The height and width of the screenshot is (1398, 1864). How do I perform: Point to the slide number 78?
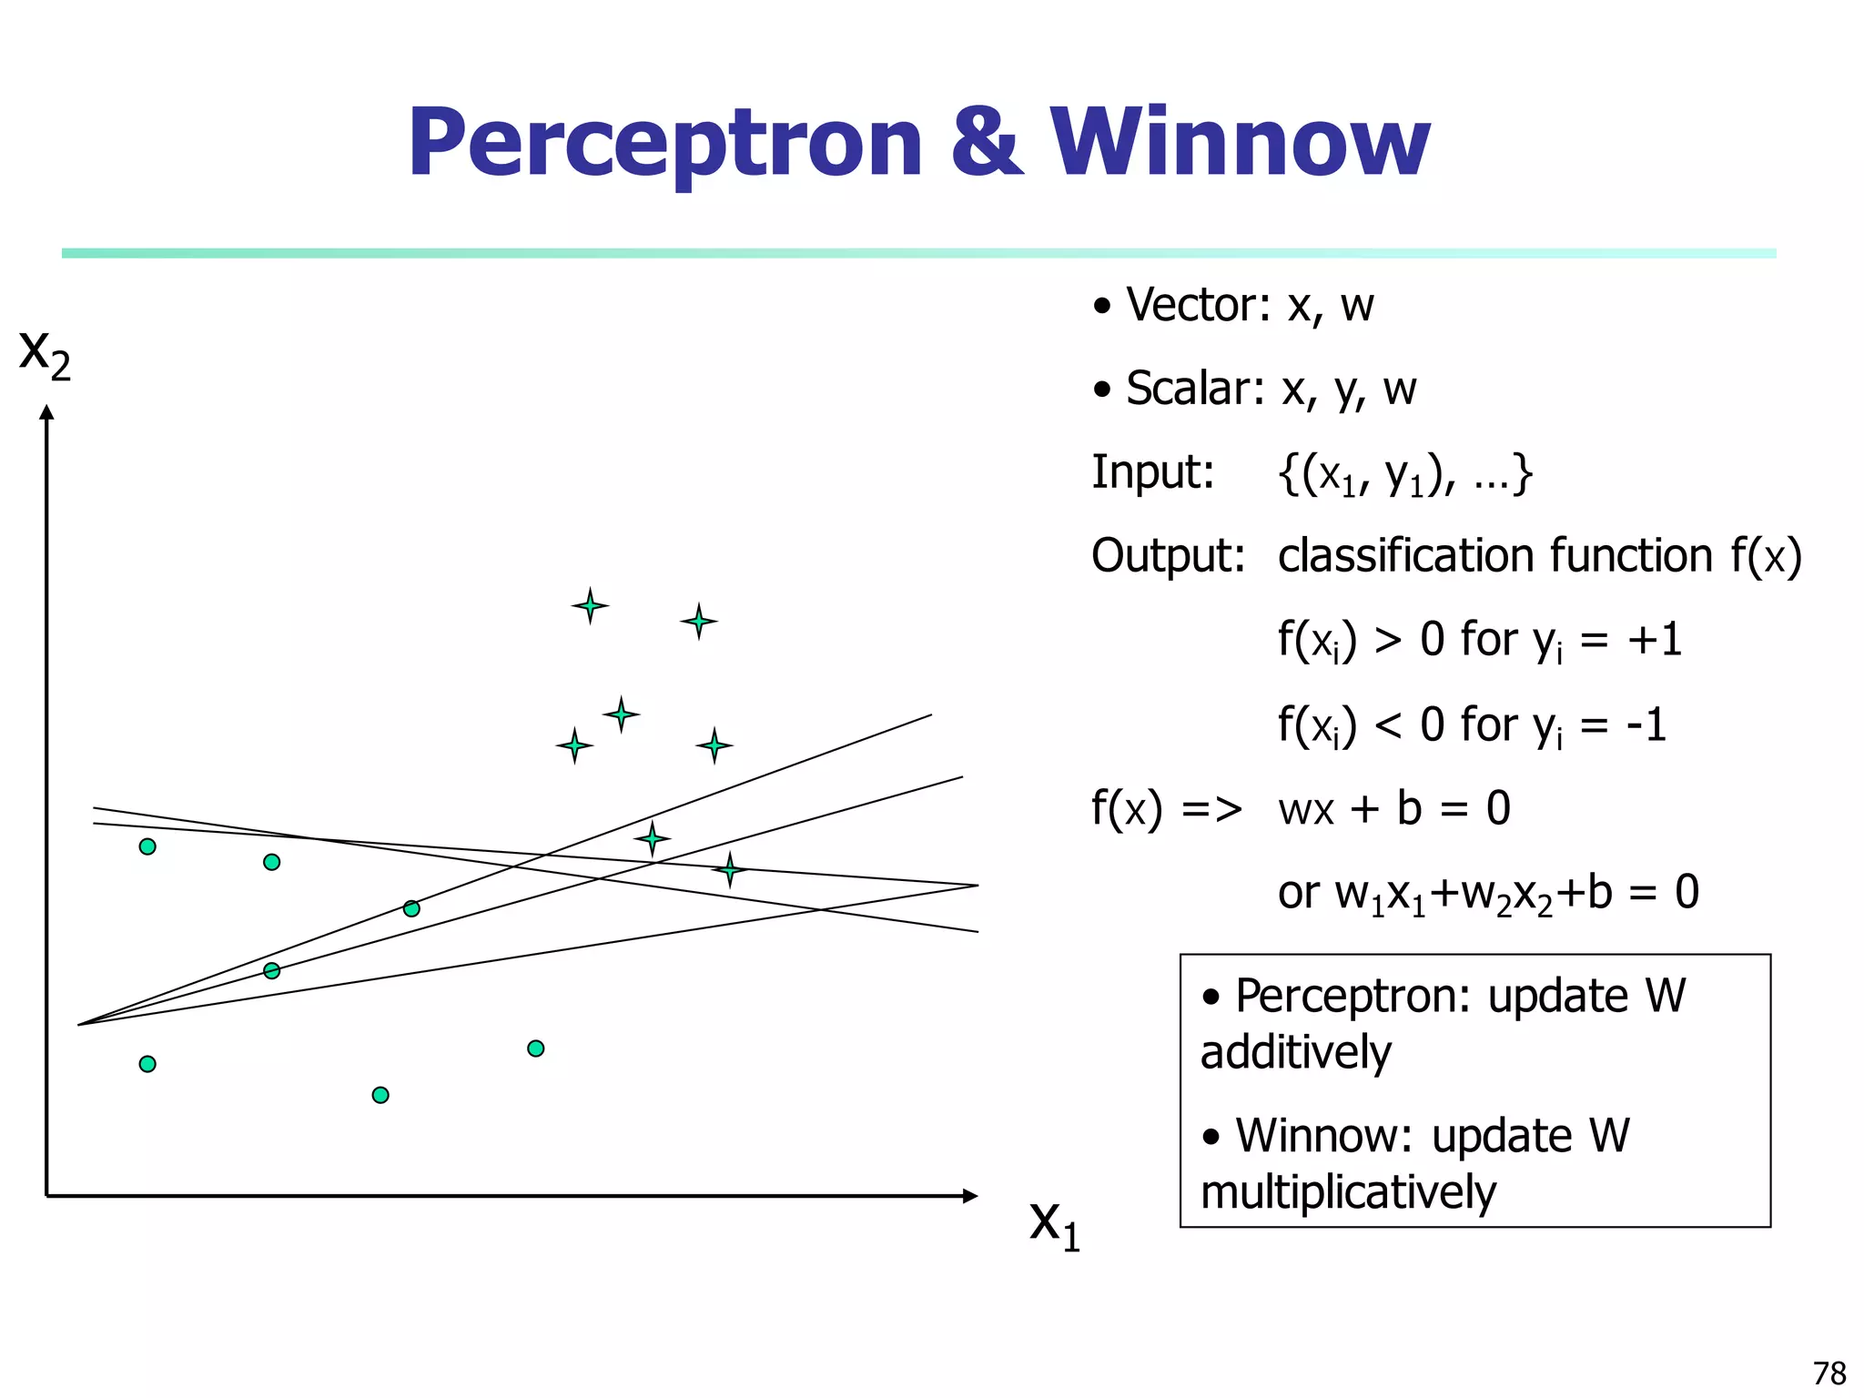(x=1829, y=1373)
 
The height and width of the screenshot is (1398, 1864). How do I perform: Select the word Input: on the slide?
(x=1152, y=472)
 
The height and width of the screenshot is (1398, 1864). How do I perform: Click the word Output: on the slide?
(x=1168, y=555)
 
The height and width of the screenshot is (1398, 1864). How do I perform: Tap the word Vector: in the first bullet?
(x=1198, y=305)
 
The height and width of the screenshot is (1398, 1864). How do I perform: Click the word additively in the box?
(x=1295, y=1053)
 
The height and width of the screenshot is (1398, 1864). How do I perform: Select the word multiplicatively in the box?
(x=1347, y=1192)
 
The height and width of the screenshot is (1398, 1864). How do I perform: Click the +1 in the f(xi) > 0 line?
(x=1654, y=640)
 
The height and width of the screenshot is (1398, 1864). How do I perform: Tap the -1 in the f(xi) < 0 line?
(x=1646, y=725)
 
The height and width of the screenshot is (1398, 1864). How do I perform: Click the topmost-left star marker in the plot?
(x=590, y=605)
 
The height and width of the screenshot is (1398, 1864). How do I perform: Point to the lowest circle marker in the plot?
(x=380, y=1095)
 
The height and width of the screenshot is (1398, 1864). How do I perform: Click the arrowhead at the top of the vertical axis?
(x=46, y=412)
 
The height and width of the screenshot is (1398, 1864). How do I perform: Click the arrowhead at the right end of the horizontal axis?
(x=970, y=1196)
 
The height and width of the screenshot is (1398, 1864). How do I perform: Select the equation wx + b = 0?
(x=1393, y=808)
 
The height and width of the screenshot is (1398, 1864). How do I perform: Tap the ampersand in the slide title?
(x=986, y=143)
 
